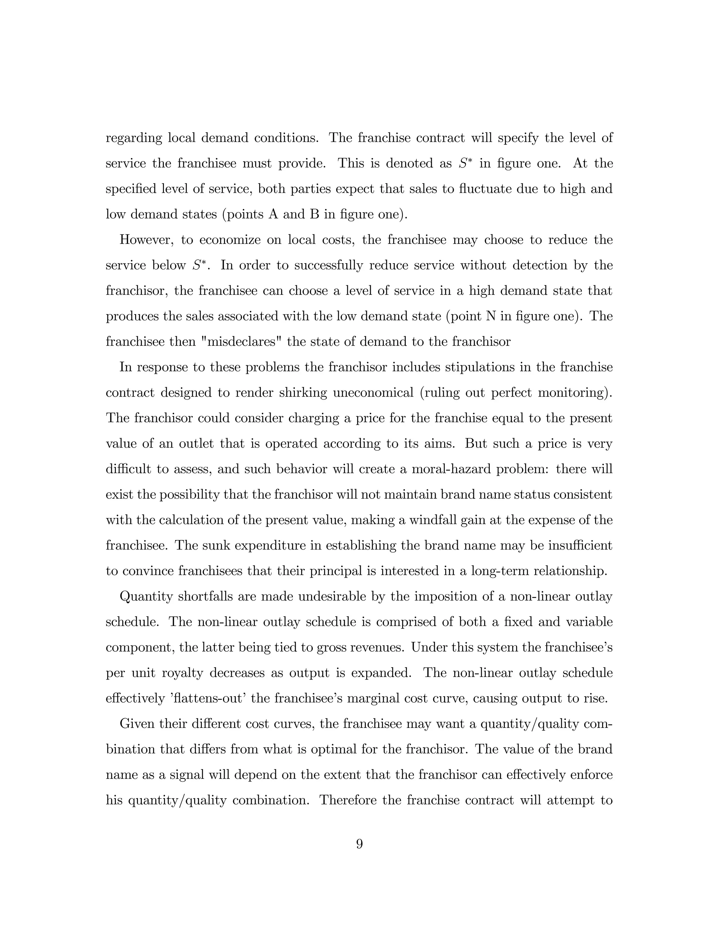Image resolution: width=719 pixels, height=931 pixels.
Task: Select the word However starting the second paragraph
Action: click(146, 240)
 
